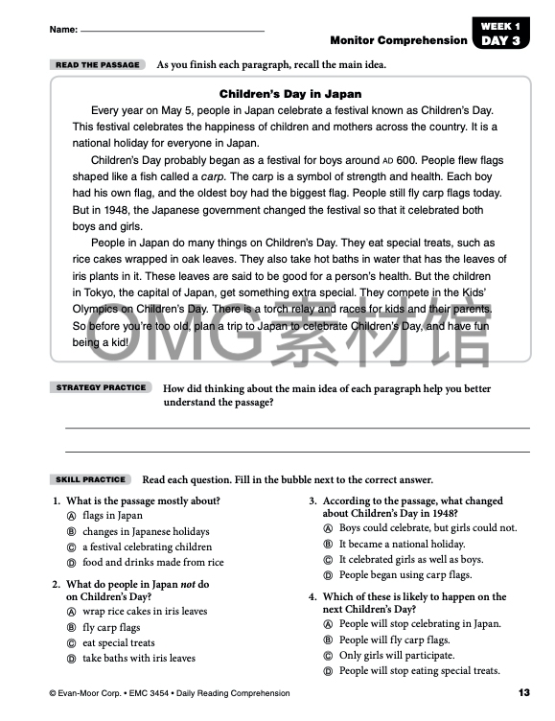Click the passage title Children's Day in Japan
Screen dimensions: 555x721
point(290,94)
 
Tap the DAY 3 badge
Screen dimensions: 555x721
point(501,40)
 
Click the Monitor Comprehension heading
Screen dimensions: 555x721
point(399,40)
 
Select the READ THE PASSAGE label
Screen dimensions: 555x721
point(97,65)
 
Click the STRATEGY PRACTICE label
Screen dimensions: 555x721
point(101,387)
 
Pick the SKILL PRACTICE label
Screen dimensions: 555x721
point(91,479)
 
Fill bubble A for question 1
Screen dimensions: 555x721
point(71,516)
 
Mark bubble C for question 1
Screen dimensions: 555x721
point(71,547)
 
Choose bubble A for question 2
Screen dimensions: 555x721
point(71,612)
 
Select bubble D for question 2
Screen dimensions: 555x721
point(71,659)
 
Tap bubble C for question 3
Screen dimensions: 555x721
point(328,560)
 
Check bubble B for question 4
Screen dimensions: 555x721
point(328,640)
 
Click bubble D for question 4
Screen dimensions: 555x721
point(328,671)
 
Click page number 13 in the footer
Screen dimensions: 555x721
point(523,693)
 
